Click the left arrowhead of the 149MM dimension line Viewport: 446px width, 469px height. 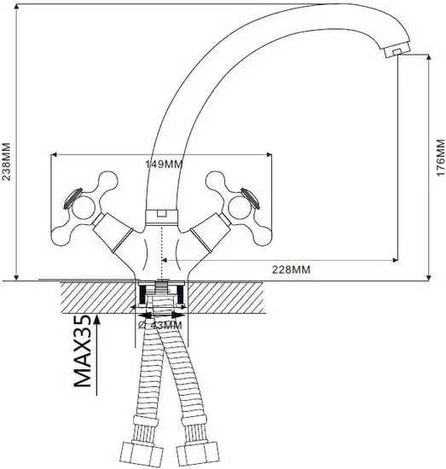click(x=55, y=156)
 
